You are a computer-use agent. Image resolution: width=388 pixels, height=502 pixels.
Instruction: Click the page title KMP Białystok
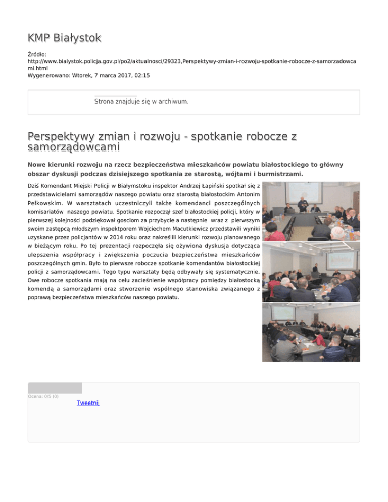(64, 38)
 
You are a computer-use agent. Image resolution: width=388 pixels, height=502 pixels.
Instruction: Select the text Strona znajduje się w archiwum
(141, 102)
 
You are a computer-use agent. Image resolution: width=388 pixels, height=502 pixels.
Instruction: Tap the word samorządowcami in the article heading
(74, 146)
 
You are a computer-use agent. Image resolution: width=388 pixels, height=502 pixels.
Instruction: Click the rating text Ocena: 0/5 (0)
(43, 396)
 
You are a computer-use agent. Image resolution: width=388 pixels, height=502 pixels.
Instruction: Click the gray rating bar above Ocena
(55, 388)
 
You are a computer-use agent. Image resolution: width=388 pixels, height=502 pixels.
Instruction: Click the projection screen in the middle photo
(341, 261)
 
